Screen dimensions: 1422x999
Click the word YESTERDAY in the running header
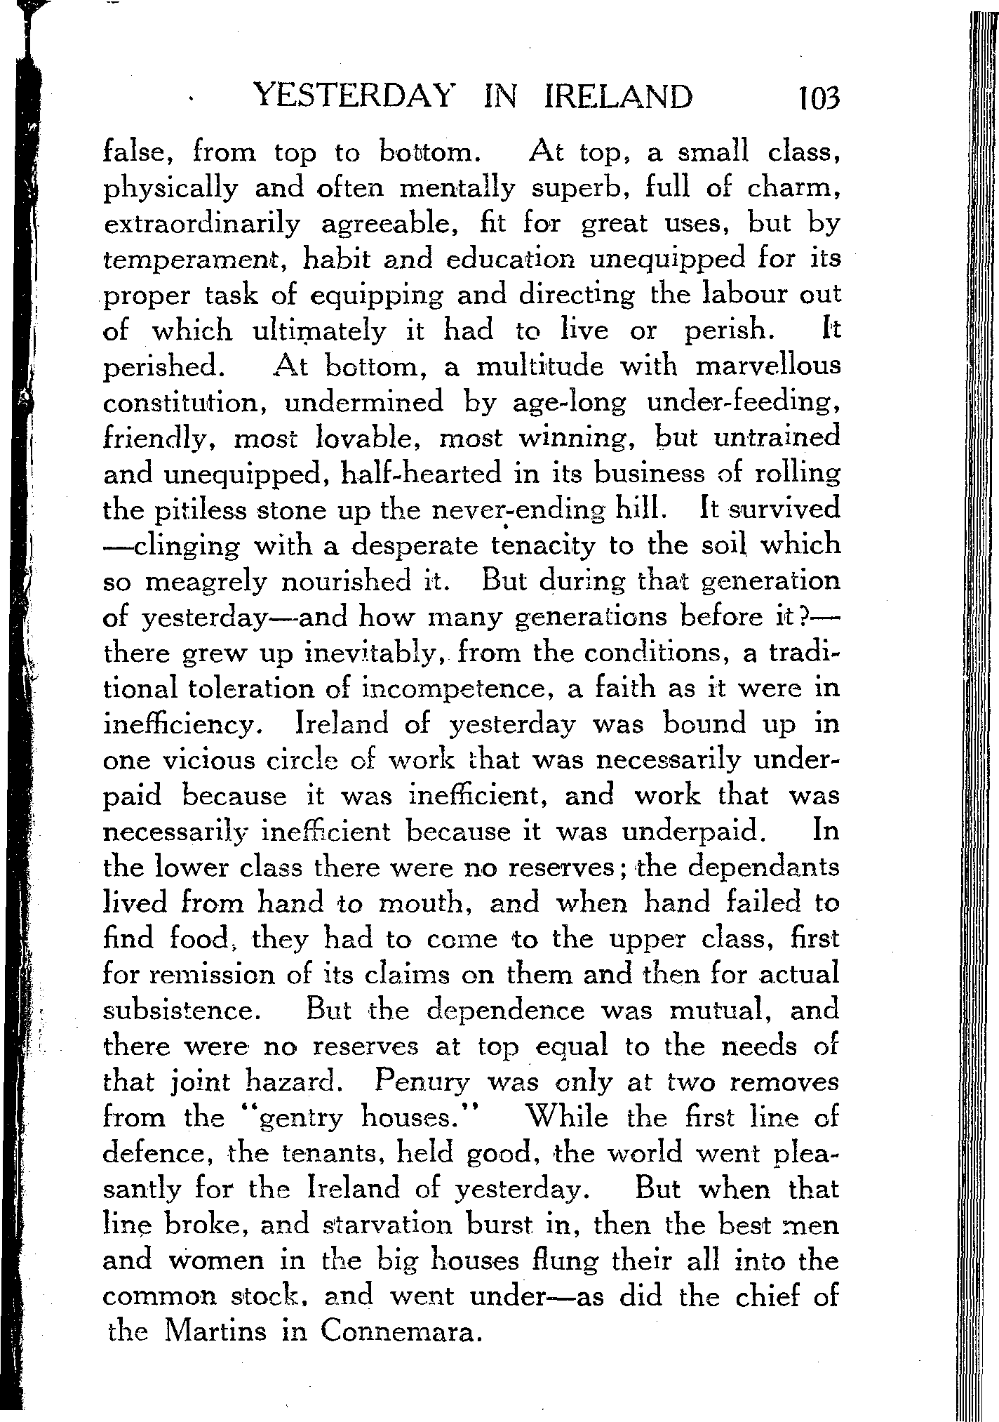point(351,97)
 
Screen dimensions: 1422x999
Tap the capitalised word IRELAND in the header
point(618,97)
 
